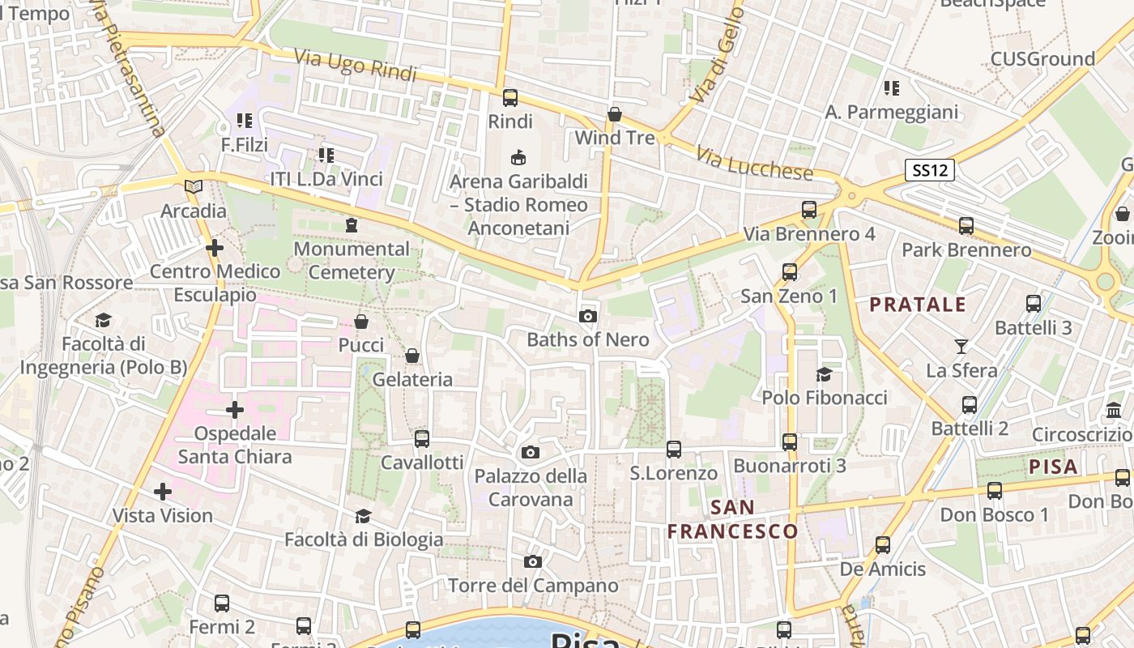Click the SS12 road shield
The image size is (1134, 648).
click(x=930, y=170)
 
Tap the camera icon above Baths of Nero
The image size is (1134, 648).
click(x=588, y=316)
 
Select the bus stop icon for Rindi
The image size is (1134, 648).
click(x=510, y=98)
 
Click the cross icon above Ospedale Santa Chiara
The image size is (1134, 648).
click(x=235, y=410)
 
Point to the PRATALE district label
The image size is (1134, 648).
click(x=918, y=305)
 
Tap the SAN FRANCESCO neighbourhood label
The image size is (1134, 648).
click(x=733, y=519)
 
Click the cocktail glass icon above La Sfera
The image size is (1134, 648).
click(x=961, y=347)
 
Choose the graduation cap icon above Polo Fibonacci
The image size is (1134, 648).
click(x=824, y=374)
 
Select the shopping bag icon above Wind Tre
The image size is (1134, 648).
click(x=615, y=114)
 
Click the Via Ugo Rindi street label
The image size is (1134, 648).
click(x=355, y=65)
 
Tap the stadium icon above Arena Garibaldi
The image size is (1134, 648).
click(x=518, y=157)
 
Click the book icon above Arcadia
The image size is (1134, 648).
click(x=193, y=187)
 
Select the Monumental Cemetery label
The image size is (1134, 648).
click(x=352, y=260)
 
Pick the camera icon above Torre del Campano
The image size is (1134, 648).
click(x=532, y=562)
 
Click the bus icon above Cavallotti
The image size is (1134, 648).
click(x=422, y=439)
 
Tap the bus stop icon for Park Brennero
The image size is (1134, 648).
click(x=966, y=226)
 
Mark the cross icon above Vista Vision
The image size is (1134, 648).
click(x=163, y=492)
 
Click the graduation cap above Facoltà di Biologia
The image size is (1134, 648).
click(x=363, y=516)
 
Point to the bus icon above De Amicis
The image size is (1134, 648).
click(x=883, y=545)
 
